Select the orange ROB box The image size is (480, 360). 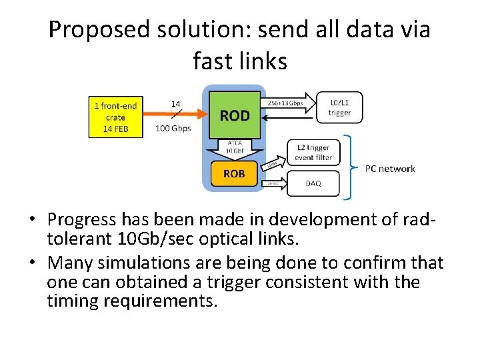click(233, 173)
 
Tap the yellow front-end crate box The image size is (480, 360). click(117, 117)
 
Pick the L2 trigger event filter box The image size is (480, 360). click(313, 151)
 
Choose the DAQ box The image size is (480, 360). click(312, 182)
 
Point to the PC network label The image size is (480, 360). click(390, 169)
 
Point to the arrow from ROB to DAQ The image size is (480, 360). click(273, 183)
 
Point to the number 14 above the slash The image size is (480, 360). click(177, 104)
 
